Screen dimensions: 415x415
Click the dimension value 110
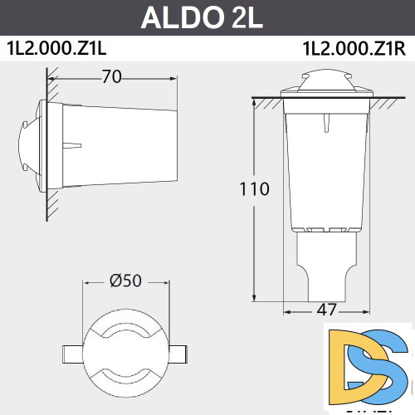tap(254, 188)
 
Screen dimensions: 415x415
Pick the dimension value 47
tap(327, 310)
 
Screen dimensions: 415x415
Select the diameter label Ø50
tap(126, 281)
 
